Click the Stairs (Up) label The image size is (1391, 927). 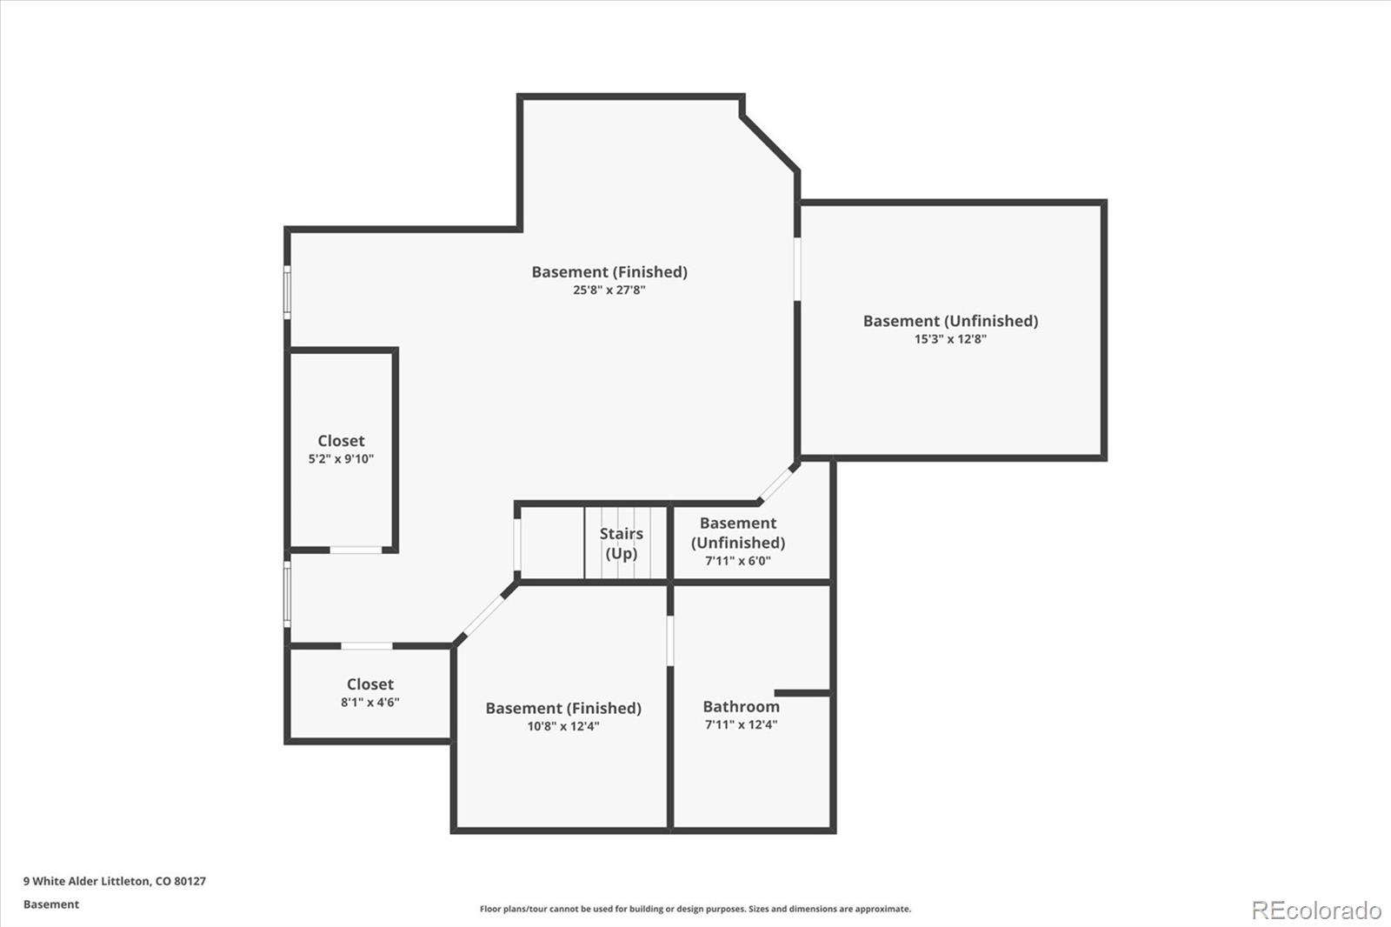click(x=621, y=544)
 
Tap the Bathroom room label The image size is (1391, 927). click(x=741, y=706)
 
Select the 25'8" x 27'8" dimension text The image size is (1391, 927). click(x=609, y=290)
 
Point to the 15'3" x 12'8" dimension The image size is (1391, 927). click(x=950, y=339)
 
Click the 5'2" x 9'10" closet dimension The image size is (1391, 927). click(x=341, y=459)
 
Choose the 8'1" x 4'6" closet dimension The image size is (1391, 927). click(x=369, y=703)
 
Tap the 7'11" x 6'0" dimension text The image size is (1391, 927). click(x=738, y=561)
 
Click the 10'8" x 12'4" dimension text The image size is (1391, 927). click(x=563, y=726)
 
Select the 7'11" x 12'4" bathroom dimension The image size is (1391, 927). click(x=741, y=724)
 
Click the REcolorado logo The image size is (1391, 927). click(x=1316, y=910)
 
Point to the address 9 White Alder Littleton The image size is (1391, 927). click(x=87, y=881)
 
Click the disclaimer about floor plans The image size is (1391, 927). click(x=695, y=909)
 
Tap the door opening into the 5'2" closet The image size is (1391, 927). click(x=356, y=550)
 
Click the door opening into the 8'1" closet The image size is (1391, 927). click(x=366, y=646)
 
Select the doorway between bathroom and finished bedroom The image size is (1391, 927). click(x=670, y=641)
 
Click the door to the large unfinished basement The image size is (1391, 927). click(x=797, y=269)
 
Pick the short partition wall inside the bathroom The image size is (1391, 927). click(x=802, y=693)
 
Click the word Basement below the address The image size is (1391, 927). click(x=51, y=904)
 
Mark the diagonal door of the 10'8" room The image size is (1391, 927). click(x=483, y=616)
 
